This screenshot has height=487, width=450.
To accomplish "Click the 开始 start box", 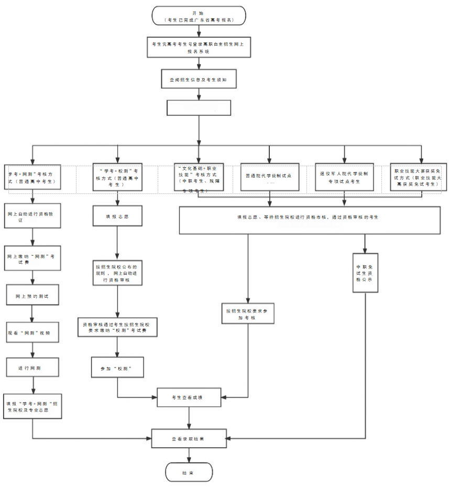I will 198,15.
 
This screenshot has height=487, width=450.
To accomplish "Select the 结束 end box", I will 189,472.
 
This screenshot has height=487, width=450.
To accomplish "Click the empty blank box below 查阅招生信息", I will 199,107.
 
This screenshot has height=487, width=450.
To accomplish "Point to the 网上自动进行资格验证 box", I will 32,215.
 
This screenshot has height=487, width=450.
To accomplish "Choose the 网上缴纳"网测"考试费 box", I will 32,258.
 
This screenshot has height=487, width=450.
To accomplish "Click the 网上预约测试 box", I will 32,295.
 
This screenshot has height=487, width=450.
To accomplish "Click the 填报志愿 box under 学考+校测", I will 117,215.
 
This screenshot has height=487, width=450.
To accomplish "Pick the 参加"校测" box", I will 117,369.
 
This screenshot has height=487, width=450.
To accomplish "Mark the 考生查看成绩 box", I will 189,397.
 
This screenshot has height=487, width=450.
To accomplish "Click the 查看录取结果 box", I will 189,438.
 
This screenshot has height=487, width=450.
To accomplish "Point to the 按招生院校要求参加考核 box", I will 247,314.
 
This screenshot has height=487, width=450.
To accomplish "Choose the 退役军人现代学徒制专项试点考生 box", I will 344,177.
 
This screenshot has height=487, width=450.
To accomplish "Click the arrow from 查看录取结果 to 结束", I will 189,455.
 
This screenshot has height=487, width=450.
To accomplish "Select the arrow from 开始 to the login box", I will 198,31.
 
